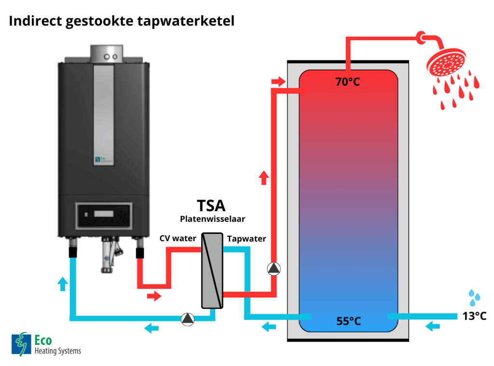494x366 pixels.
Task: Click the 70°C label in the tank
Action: click(x=348, y=82)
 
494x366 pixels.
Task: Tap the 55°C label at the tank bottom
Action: click(x=348, y=321)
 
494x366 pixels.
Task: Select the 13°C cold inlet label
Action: click(x=474, y=316)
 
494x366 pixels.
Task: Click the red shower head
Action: click(x=447, y=65)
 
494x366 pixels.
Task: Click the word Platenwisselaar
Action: click(x=213, y=219)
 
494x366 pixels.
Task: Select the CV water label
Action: click(x=178, y=238)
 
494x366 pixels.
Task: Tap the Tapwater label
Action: click(x=247, y=238)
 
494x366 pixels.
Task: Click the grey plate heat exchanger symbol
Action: click(x=212, y=271)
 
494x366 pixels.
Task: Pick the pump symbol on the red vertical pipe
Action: click(x=274, y=269)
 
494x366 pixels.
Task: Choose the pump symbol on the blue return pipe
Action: click(x=188, y=318)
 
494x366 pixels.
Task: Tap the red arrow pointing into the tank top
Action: click(x=278, y=82)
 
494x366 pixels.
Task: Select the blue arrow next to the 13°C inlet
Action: click(x=433, y=327)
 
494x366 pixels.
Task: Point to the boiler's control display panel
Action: click(x=104, y=215)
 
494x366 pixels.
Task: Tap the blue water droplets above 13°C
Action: click(x=474, y=298)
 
